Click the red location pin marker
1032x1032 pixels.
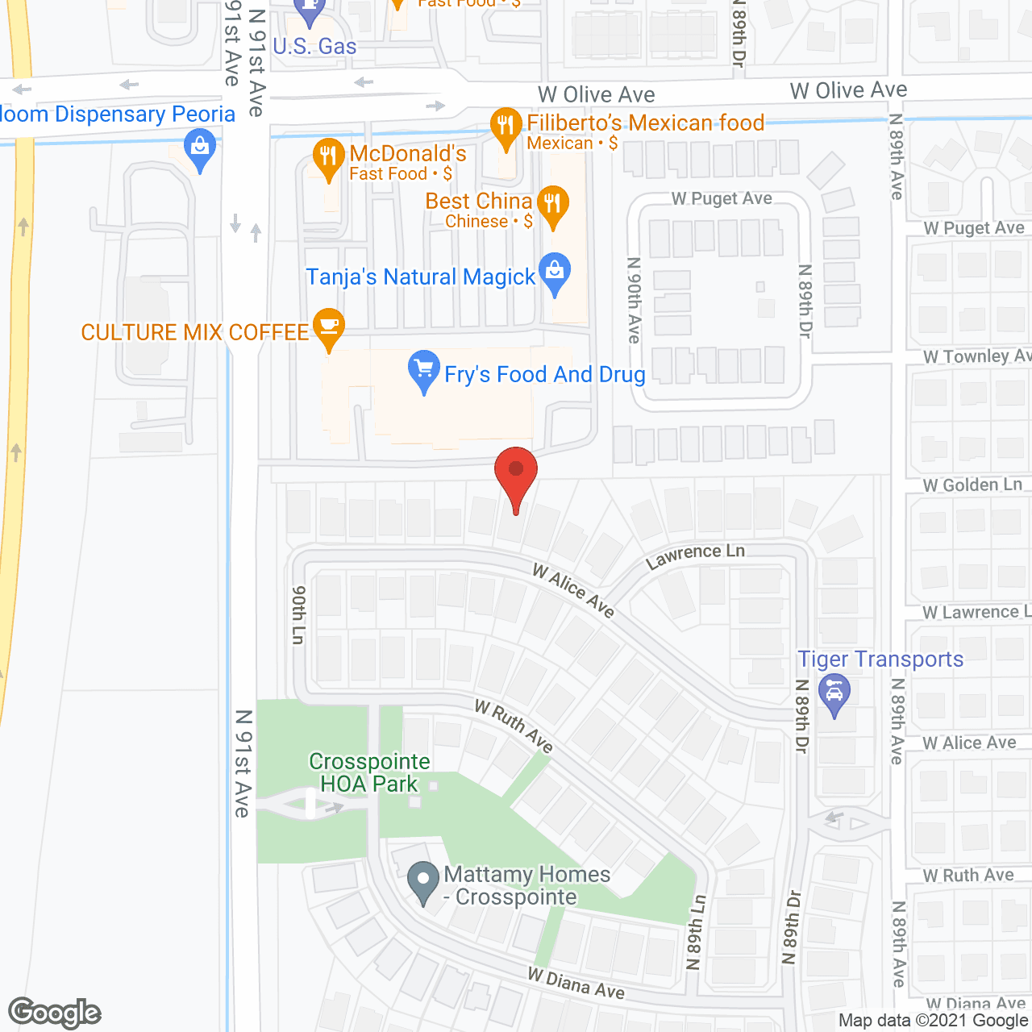pos(515,472)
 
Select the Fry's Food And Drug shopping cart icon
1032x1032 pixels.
pos(423,370)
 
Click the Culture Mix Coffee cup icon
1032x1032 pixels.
pos(328,327)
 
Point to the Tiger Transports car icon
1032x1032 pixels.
pos(834,693)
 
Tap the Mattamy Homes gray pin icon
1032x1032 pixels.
pos(422,880)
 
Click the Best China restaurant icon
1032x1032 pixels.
pos(553,203)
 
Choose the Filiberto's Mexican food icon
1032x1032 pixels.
pos(506,126)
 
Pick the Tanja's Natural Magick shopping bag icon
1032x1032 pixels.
pos(555,271)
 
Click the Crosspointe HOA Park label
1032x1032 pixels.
pos(369,772)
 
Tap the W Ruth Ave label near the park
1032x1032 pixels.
pos(514,726)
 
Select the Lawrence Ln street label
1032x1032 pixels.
pos(695,556)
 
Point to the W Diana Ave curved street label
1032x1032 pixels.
pos(576,983)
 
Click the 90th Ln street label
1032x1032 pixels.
pos(298,614)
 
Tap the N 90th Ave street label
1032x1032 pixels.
pos(635,300)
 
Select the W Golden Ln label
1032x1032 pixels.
pos(972,485)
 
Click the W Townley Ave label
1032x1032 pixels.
pos(976,356)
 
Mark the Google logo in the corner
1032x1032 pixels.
pos(55,1013)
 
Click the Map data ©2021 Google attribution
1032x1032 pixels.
pos(933,1020)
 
